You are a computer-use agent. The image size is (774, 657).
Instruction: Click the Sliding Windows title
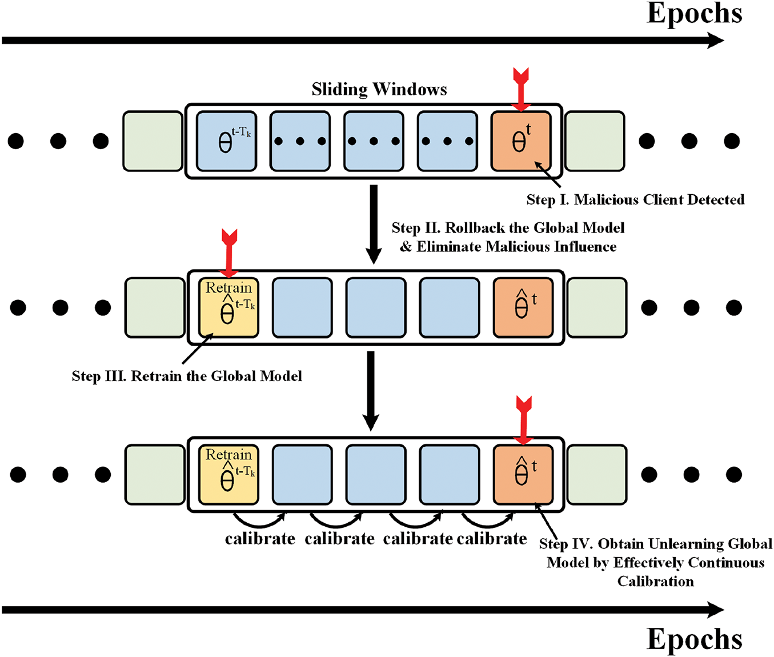(379, 89)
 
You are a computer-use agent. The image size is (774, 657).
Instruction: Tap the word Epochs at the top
(694, 14)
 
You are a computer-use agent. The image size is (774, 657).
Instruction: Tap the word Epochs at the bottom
(694, 639)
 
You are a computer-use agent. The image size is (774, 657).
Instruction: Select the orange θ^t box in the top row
(521, 141)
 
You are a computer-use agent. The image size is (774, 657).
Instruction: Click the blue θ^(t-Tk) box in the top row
(227, 141)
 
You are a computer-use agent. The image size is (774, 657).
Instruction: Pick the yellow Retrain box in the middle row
(229, 307)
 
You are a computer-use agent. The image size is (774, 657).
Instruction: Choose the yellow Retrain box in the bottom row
(229, 475)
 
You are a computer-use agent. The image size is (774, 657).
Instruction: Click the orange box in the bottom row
(523, 475)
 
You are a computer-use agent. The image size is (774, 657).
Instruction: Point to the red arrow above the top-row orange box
(521, 90)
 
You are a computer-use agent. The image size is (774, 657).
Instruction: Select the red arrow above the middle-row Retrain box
(229, 254)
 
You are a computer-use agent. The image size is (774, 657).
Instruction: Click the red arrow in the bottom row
(523, 420)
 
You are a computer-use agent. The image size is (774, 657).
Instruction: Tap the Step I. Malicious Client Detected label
(635, 199)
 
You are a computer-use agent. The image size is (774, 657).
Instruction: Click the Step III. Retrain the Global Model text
(187, 376)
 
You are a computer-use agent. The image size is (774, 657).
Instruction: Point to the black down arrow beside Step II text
(374, 225)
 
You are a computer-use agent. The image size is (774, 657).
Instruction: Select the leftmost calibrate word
(260, 539)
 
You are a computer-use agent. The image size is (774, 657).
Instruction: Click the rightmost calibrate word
(492, 539)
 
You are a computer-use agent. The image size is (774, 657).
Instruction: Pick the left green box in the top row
(153, 141)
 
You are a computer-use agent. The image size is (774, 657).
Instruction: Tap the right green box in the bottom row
(597, 475)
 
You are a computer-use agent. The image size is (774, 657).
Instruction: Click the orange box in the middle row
(523, 307)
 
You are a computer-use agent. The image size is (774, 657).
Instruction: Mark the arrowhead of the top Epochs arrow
(715, 41)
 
